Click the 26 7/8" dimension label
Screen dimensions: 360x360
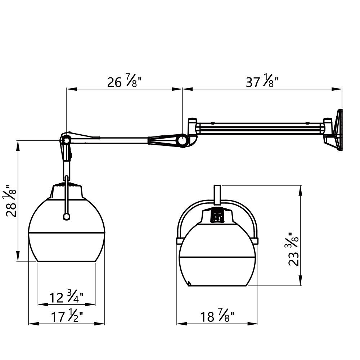[124, 82]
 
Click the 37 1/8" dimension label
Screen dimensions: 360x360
[262, 82]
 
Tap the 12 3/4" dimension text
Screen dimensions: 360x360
[67, 297]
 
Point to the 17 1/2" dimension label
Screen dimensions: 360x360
[67, 317]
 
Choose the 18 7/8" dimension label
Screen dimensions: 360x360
[217, 317]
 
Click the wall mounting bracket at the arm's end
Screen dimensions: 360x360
[337, 130]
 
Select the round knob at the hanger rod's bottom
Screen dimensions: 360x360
[66, 216]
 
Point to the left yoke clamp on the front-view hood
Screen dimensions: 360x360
[179, 240]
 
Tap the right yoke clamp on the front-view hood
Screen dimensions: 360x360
[255, 240]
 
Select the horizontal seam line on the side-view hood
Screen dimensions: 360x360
[67, 231]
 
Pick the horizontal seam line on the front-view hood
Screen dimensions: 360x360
[217, 257]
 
